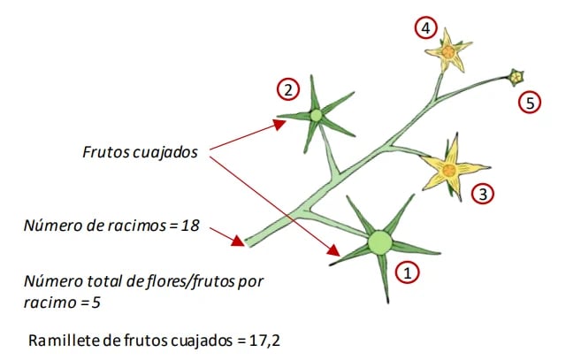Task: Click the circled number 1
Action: click(407, 272)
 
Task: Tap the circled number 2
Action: click(288, 89)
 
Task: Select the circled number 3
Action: click(483, 194)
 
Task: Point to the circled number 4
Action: click(426, 27)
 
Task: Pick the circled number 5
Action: click(530, 103)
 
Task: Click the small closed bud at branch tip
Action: click(516, 77)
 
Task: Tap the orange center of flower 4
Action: click(448, 52)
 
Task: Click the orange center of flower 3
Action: click(449, 170)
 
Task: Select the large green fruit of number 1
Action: click(379, 242)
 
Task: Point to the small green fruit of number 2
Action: click(316, 116)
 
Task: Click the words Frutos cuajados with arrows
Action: click(140, 152)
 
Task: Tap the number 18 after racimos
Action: click(190, 226)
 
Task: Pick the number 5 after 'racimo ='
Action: click(96, 303)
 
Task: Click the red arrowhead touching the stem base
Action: click(238, 241)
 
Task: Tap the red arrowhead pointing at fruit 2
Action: click(279, 125)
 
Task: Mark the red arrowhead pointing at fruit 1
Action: click(333, 250)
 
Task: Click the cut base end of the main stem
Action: click(248, 242)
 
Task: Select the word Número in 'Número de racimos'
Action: click(45, 226)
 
